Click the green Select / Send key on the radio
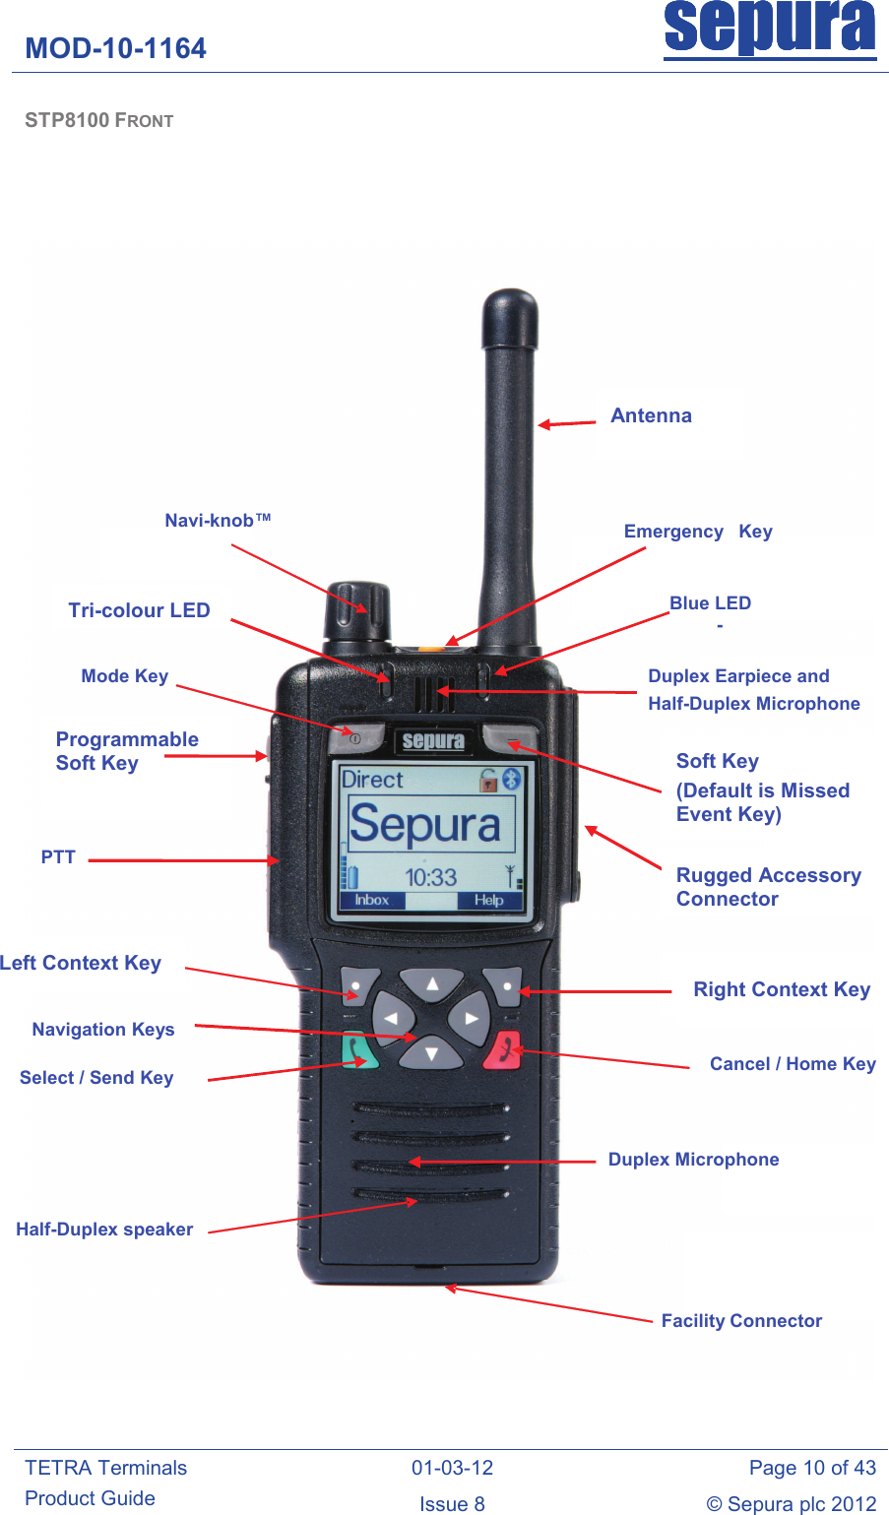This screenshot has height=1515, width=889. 358,1049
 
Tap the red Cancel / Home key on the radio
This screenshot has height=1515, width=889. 503,1050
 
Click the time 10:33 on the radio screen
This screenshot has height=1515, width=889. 431,877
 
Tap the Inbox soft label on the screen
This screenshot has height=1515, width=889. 371,900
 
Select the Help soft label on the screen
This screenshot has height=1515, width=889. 488,900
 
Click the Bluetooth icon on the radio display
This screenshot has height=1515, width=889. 512,779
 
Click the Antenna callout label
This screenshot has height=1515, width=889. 651,415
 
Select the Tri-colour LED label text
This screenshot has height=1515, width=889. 140,610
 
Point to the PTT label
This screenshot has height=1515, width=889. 58,856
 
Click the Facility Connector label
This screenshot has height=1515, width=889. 741,1321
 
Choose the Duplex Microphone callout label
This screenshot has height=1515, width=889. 693,1160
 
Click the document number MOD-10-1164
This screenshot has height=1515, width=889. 116,48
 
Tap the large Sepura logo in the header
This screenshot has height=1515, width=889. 770,30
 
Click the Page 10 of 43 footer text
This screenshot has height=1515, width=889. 812,1468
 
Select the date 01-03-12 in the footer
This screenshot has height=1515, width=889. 453,1468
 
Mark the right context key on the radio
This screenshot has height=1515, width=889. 504,986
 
